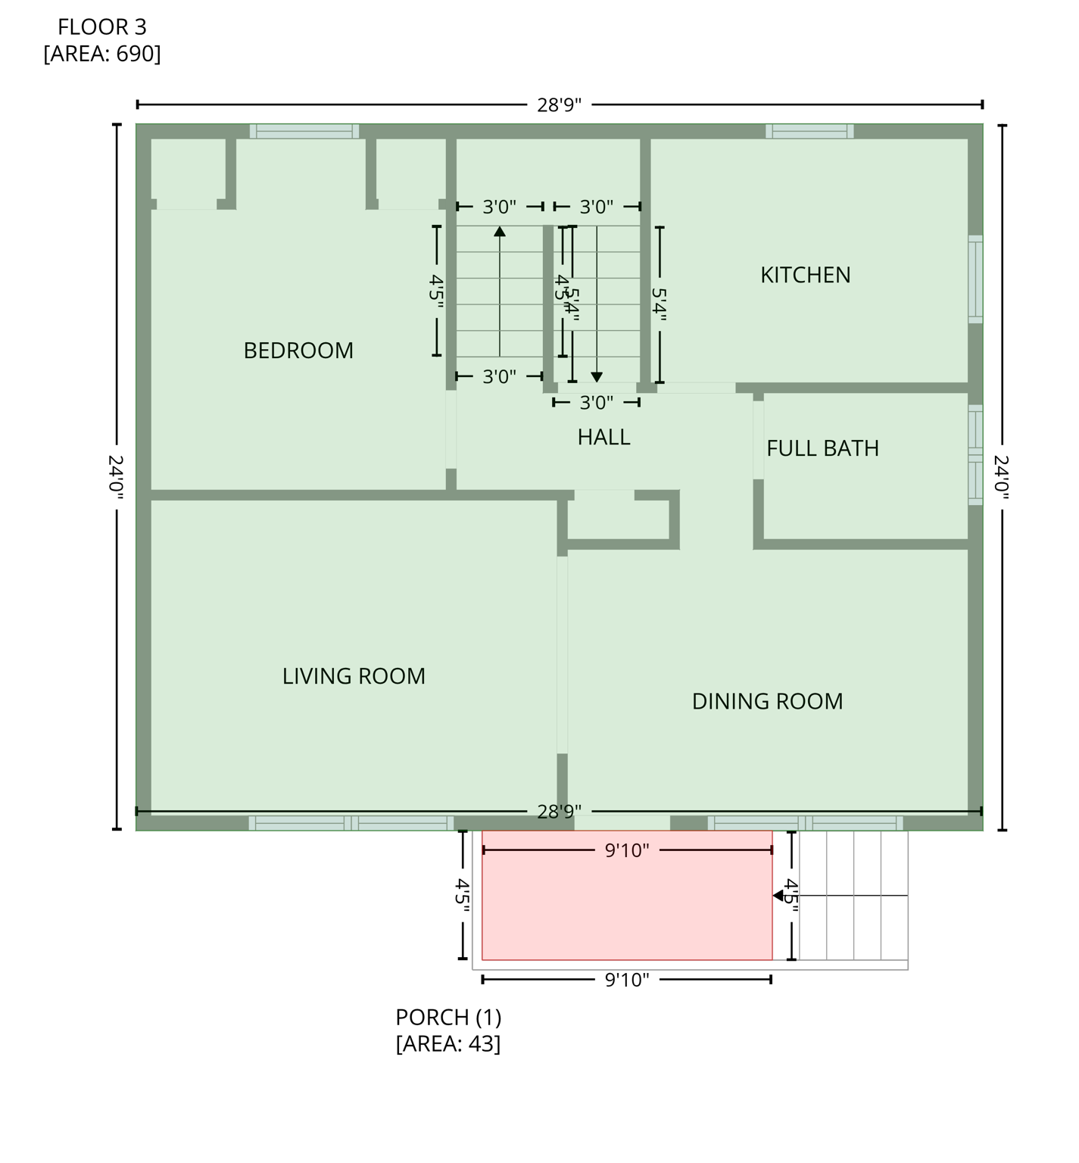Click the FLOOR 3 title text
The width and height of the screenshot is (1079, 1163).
[x=102, y=27]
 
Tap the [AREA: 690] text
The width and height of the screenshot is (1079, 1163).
[x=102, y=55]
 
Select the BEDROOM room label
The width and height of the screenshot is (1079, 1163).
[x=298, y=351]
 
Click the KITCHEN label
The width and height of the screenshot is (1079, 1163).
[x=805, y=275]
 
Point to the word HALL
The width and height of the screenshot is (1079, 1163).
[x=603, y=437]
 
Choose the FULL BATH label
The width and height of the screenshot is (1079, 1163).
[x=822, y=448]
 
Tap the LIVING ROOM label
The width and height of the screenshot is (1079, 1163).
[x=354, y=676]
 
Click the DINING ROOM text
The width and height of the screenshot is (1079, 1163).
[x=767, y=701]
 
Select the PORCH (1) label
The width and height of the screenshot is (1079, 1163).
[x=448, y=1017]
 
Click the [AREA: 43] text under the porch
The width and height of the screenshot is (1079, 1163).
[x=448, y=1044]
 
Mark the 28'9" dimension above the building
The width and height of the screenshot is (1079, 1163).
[x=559, y=105]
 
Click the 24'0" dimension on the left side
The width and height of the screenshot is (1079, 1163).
[x=116, y=476]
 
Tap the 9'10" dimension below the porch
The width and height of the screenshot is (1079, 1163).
[x=627, y=981]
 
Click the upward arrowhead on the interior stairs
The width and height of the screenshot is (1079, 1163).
[x=500, y=231]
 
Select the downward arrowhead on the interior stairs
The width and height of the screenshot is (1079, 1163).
[x=597, y=376]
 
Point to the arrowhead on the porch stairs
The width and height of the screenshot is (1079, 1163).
[x=778, y=896]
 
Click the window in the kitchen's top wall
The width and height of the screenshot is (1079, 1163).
[x=809, y=131]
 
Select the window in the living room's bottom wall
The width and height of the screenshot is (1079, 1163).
[x=351, y=823]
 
